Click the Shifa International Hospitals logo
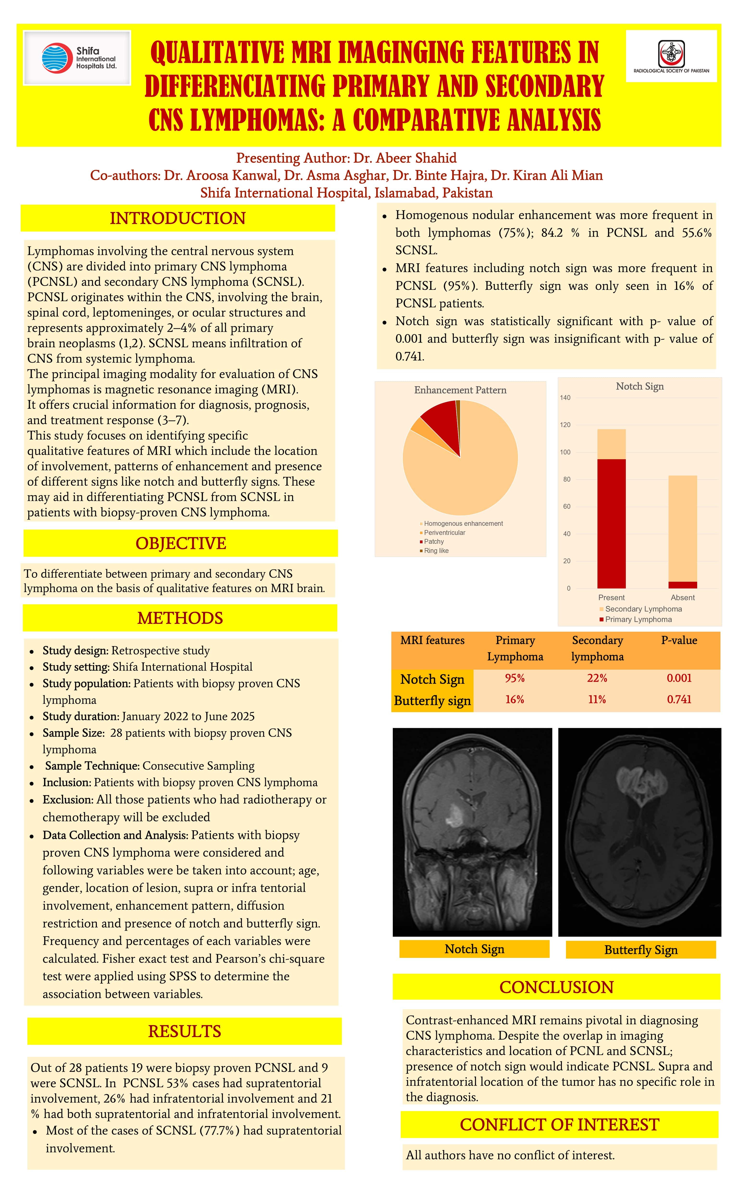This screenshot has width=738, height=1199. click(x=77, y=58)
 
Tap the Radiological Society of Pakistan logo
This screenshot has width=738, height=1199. click(x=671, y=56)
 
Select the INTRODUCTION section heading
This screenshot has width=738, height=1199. click(x=178, y=218)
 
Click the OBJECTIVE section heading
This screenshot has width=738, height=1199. click(x=181, y=543)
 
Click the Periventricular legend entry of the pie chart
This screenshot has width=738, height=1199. click(x=444, y=532)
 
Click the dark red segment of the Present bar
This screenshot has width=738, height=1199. click(x=611, y=522)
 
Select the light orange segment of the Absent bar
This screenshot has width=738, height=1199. click(x=682, y=527)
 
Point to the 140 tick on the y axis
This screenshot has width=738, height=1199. click(x=565, y=398)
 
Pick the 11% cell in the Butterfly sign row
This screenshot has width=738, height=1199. click(x=597, y=699)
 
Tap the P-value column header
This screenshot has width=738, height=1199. click(x=679, y=640)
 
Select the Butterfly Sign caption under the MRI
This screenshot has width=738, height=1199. click(x=641, y=950)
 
